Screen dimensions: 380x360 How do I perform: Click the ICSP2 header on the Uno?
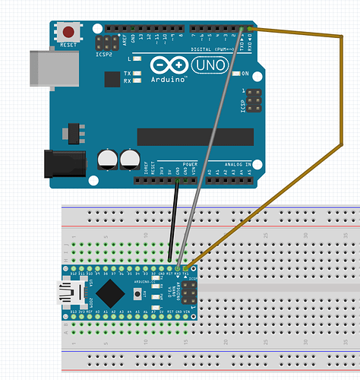pyautogui.click(x=106, y=43)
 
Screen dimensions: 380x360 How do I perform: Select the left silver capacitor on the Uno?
pyautogui.click(x=108, y=159)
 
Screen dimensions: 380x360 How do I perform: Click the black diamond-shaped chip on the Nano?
pyautogui.click(x=111, y=290)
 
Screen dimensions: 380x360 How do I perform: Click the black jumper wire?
pyautogui.click(x=173, y=220)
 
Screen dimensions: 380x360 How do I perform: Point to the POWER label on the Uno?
pyautogui.click(x=190, y=164)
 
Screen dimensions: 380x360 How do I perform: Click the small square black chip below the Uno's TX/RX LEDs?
pyautogui.click(x=112, y=78)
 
